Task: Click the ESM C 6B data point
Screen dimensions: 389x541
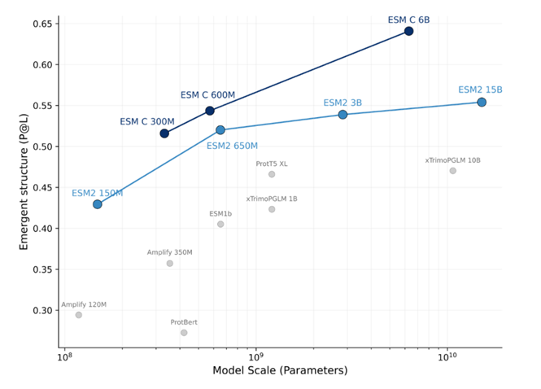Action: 408,31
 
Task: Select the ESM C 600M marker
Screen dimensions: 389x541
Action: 210,111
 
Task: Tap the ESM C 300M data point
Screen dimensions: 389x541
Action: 164,133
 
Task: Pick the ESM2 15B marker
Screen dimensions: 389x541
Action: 482,102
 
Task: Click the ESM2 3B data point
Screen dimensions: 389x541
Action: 342,115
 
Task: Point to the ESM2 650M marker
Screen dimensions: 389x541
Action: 220,130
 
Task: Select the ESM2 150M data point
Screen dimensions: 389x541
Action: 98,204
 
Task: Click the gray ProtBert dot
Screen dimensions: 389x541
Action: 184,333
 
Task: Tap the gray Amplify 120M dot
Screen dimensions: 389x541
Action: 79,315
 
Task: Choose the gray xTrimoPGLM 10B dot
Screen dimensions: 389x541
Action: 453,171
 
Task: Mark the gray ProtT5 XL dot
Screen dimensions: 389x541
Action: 272,174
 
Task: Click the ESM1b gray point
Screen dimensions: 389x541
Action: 220,224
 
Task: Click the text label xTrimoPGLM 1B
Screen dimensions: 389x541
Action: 272,199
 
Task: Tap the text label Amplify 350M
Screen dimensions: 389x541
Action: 169,252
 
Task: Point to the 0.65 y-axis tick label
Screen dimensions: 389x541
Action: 40,24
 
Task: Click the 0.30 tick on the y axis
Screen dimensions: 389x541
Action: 40,310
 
